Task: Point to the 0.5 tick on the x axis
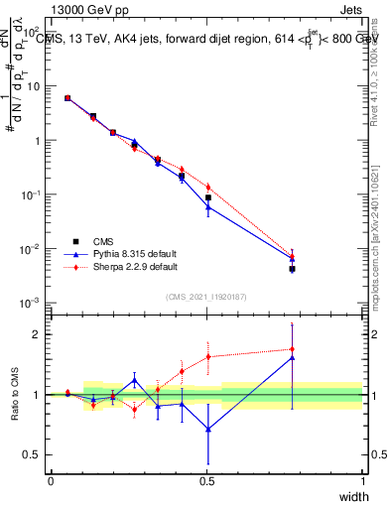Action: coord(206,481)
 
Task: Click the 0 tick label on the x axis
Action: coord(51,481)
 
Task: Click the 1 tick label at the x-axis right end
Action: coord(362,481)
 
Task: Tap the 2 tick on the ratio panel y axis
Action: coord(39,334)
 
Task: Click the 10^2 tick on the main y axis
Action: coord(33,33)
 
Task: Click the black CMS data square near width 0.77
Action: coord(292,269)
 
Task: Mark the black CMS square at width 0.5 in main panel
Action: coord(207,197)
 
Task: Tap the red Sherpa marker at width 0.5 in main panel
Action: coord(207,187)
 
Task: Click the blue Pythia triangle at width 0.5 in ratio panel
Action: coord(207,429)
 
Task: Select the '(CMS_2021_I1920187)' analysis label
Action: coord(206,296)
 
